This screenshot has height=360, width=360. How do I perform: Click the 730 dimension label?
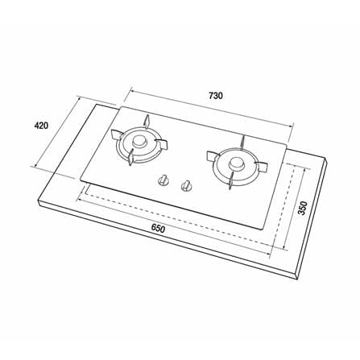[216, 96]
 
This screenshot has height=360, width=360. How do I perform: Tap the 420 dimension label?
[41, 126]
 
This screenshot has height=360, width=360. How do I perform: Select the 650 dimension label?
[158, 229]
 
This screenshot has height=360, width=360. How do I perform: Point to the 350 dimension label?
[302, 208]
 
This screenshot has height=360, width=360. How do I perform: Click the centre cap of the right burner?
[236, 163]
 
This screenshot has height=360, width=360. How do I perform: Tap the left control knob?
[163, 180]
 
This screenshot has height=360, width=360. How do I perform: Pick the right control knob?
[185, 185]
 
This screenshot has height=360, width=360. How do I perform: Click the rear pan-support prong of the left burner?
[147, 121]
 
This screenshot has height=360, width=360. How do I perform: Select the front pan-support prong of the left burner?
[130, 158]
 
